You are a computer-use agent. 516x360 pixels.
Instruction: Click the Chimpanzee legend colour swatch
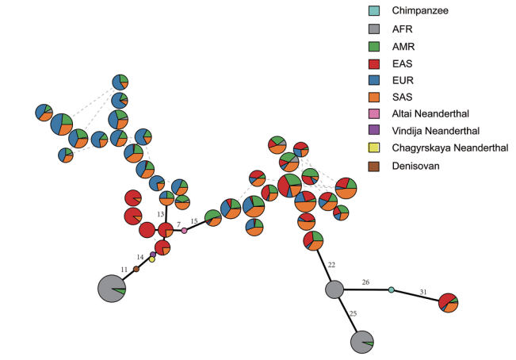click(374, 10)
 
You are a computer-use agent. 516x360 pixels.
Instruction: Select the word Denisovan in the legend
click(415, 166)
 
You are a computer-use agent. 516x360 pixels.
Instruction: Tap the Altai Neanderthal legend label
click(430, 114)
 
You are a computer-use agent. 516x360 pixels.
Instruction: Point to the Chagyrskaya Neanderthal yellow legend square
click(374, 147)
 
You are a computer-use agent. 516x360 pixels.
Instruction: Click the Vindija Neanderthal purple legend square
click(374, 130)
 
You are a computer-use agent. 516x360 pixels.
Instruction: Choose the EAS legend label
click(402, 63)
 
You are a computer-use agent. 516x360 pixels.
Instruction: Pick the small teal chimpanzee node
click(391, 290)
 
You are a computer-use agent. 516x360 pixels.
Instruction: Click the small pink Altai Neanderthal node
click(184, 231)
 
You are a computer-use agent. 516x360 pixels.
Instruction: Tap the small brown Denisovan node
click(136, 269)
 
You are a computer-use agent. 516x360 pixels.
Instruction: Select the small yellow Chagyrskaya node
click(151, 259)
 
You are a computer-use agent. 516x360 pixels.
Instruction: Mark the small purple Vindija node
click(153, 255)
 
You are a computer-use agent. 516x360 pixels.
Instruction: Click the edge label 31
click(423, 292)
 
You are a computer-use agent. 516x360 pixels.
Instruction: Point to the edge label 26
click(365, 282)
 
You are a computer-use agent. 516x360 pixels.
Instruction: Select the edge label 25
click(353, 313)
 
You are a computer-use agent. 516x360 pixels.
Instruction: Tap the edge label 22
click(331, 265)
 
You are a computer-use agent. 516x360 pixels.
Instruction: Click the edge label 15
click(194, 221)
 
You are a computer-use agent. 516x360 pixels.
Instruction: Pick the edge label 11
click(124, 270)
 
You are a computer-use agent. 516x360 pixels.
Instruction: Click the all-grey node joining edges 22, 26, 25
click(334, 289)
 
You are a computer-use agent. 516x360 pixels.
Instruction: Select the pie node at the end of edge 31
click(448, 303)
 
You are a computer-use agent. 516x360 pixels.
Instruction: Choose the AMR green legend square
click(374, 47)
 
